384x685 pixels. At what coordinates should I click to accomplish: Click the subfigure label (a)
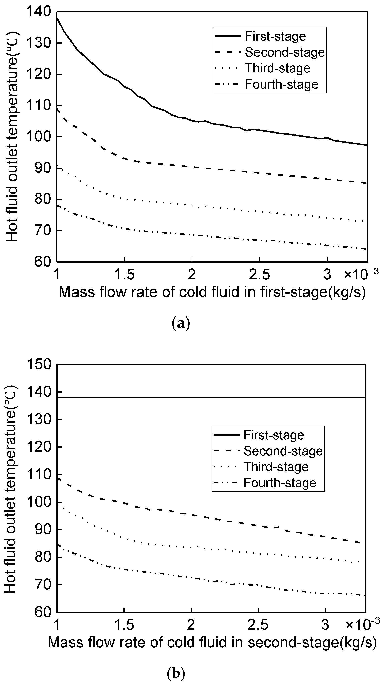(x=181, y=324)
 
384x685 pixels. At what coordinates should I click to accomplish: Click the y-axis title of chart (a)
(x=12, y=136)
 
